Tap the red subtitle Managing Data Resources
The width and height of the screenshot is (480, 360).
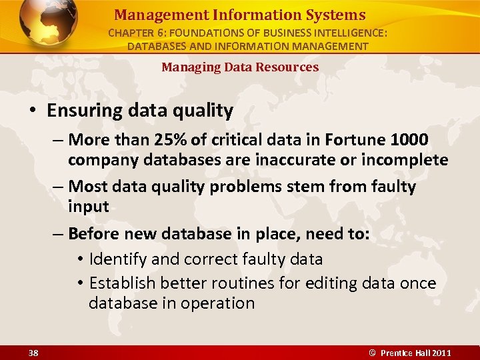click(240, 67)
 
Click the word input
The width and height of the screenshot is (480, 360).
click(88, 207)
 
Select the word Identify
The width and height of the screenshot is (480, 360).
click(117, 259)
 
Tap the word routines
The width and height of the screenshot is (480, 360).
click(243, 283)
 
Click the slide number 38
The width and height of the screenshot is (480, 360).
click(33, 352)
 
